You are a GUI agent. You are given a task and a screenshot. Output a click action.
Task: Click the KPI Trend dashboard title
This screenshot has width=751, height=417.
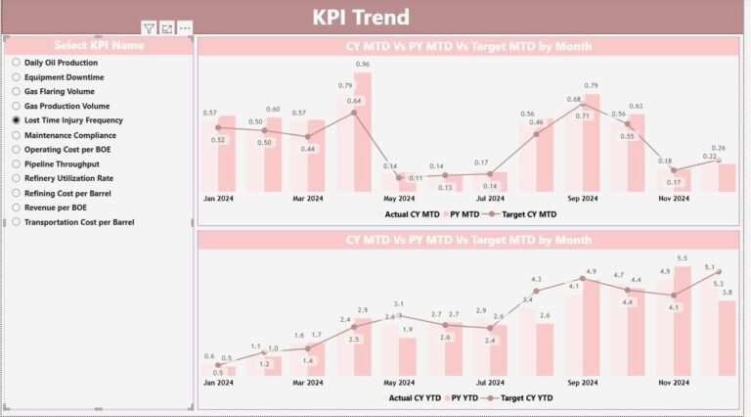pyautogui.click(x=361, y=17)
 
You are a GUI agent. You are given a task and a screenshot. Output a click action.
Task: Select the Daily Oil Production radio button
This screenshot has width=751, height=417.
pyautogui.click(x=17, y=63)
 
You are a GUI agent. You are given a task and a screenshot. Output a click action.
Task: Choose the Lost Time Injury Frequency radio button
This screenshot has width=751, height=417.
pyautogui.click(x=17, y=120)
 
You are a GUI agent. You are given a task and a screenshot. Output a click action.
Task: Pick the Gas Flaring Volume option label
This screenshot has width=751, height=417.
pyautogui.click(x=60, y=91)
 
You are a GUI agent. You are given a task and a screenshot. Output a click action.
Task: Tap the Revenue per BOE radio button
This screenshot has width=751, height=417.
pyautogui.click(x=17, y=208)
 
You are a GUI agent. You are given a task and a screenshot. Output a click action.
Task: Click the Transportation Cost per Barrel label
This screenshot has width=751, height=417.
pyautogui.click(x=79, y=222)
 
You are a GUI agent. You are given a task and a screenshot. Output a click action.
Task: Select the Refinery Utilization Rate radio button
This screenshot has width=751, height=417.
pyautogui.click(x=17, y=178)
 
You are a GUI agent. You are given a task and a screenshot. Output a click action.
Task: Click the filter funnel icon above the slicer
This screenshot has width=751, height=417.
pyautogui.click(x=149, y=29)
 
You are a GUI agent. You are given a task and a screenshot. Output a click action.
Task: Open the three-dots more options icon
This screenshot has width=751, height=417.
pyautogui.click(x=185, y=29)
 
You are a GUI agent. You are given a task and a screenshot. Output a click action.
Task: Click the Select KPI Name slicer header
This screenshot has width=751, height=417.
pyautogui.click(x=98, y=45)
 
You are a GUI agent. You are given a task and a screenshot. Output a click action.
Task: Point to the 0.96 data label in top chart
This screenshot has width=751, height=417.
pyautogui.click(x=362, y=65)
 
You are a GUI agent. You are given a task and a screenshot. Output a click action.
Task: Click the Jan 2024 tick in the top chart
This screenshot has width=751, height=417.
pyautogui.click(x=220, y=199)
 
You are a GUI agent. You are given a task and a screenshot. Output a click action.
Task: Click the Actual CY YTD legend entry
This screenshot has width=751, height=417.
pyautogui.click(x=417, y=398)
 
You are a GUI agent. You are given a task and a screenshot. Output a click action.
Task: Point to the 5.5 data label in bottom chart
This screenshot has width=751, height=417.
pyautogui.click(x=683, y=257)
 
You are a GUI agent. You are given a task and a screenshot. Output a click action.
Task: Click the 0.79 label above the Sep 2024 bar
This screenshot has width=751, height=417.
pyautogui.click(x=591, y=86)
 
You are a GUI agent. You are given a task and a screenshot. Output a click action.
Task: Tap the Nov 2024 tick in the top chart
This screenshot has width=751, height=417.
pyautogui.click(x=674, y=199)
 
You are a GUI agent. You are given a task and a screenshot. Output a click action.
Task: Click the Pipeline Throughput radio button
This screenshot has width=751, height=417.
pyautogui.click(x=17, y=164)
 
